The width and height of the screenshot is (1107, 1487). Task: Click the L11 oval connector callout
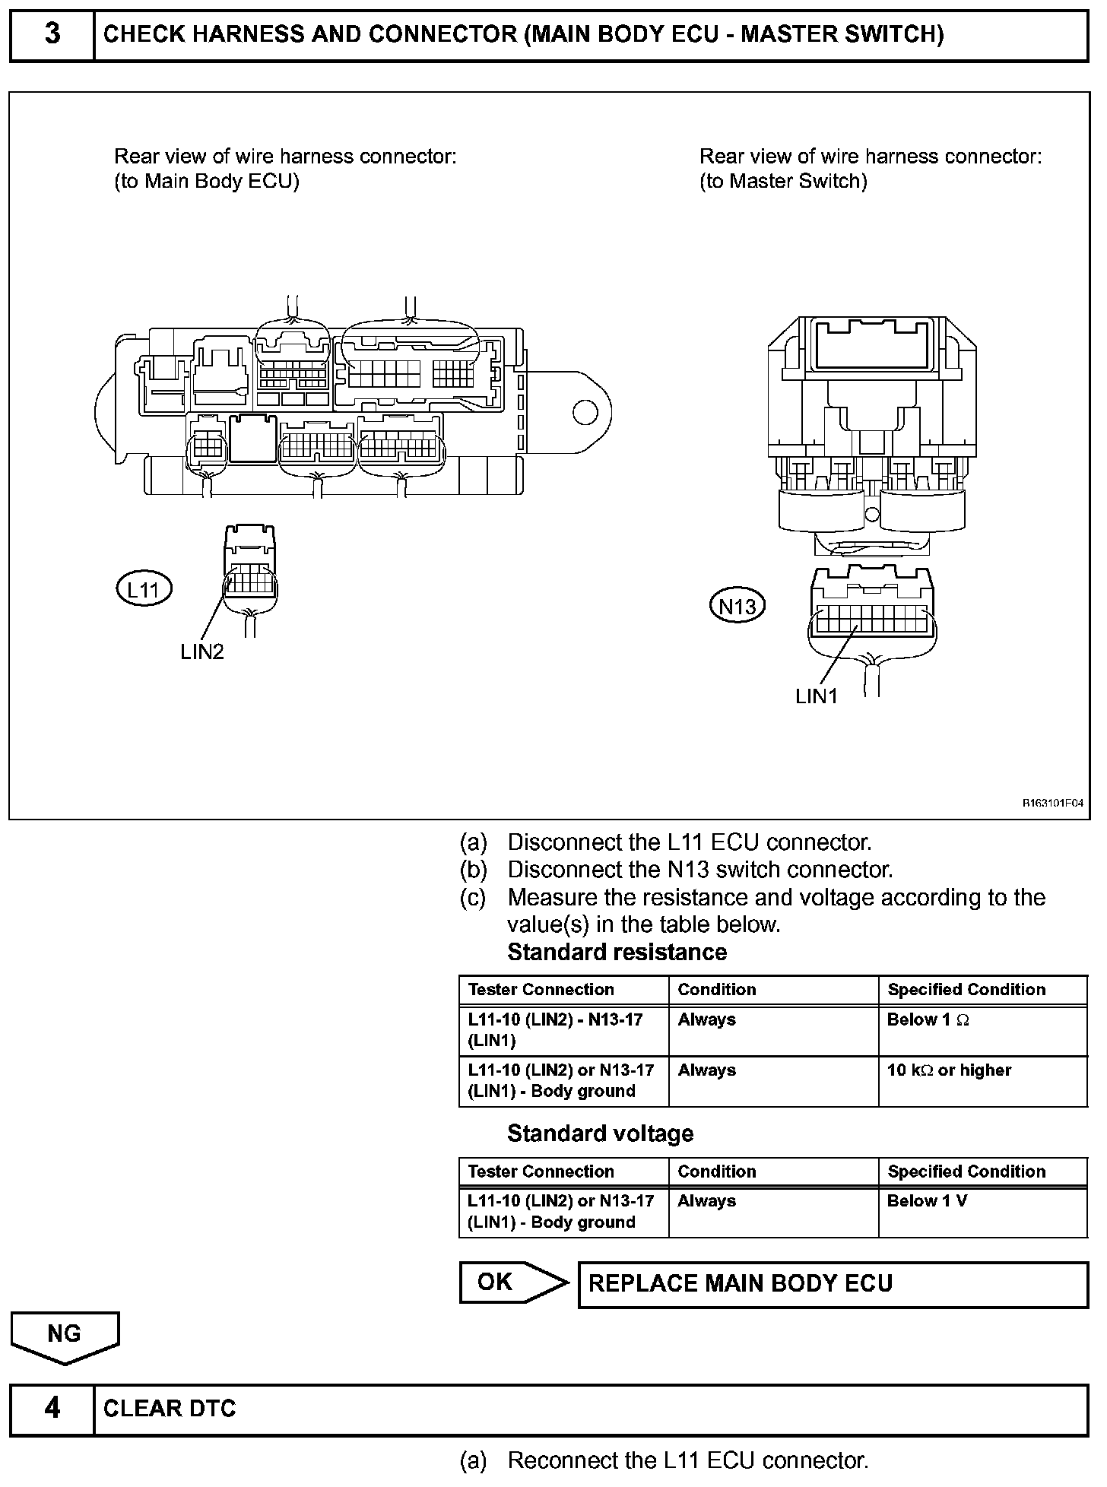click(x=144, y=589)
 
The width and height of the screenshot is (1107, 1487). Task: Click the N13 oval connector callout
click(x=737, y=606)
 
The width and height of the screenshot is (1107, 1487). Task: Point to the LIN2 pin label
click(x=202, y=652)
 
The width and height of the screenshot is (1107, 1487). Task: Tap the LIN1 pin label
click(x=817, y=696)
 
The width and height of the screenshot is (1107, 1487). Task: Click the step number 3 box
click(x=52, y=35)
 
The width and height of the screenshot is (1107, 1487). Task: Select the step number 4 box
click(x=52, y=1408)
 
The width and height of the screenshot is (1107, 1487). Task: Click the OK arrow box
click(x=513, y=1282)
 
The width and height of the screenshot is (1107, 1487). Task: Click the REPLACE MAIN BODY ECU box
click(x=833, y=1284)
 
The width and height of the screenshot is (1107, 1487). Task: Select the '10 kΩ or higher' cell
click(x=949, y=1070)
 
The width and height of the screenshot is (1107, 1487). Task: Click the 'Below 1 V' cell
click(x=927, y=1201)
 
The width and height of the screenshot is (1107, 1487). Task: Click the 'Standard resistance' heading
click(x=617, y=952)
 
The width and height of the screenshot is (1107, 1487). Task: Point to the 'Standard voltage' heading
click(x=600, y=1133)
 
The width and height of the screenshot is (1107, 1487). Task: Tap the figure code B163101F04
click(x=1051, y=802)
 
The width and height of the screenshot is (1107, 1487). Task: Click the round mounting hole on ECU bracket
click(x=585, y=412)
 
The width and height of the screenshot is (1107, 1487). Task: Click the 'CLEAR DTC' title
click(x=170, y=1409)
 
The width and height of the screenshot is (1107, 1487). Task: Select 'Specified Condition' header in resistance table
click(x=966, y=990)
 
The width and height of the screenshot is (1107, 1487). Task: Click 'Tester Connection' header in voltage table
click(x=541, y=1172)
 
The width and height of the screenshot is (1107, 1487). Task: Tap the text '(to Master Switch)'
click(x=783, y=181)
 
